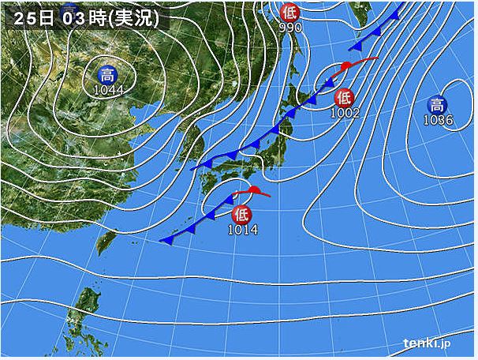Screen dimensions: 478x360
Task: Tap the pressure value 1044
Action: [x=107, y=91]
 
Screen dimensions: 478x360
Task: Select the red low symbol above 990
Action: [x=291, y=11]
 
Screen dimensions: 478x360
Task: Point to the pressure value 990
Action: [x=291, y=27]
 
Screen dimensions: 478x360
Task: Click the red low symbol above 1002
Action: [x=344, y=98]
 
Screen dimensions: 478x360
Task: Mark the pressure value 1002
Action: [x=345, y=113]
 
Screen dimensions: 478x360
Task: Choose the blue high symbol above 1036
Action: [x=436, y=104]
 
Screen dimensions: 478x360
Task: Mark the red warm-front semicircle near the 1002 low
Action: [x=345, y=65]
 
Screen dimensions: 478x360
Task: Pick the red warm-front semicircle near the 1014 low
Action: [x=254, y=189]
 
